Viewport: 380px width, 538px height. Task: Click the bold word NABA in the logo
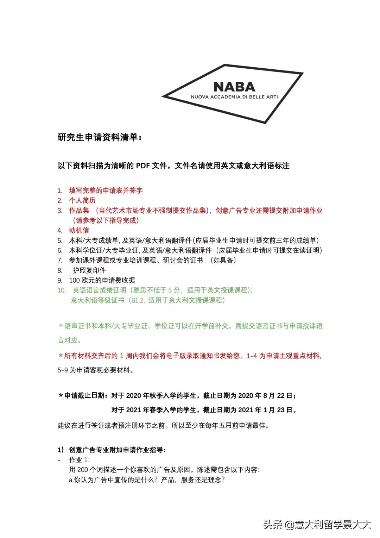234,87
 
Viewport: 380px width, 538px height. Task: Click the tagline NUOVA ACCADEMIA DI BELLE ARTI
234,97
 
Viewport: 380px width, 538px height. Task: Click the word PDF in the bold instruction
143,165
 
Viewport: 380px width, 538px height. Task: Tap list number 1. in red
60,191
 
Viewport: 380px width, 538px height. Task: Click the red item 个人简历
82,200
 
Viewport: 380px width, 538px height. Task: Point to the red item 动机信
79,230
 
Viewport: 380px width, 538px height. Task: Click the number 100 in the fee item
75,280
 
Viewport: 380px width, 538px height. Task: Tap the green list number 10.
62,290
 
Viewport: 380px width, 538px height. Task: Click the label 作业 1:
79,460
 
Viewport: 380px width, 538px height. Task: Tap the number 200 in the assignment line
82,470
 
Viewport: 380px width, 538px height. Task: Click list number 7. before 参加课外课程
60,261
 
